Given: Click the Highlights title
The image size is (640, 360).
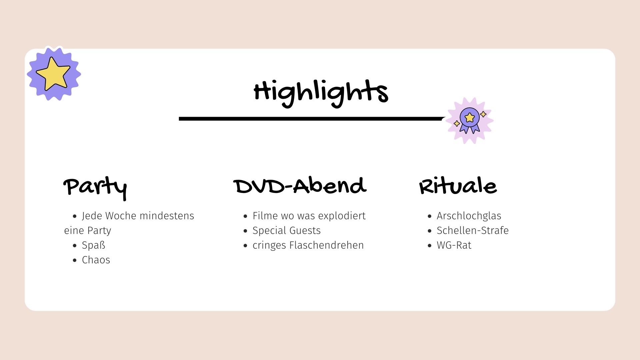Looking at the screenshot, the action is pyautogui.click(x=321, y=93).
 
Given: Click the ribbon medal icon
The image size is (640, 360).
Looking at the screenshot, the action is pyautogui.click(x=470, y=120).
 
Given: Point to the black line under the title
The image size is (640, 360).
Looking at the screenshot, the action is pyautogui.click(x=312, y=119).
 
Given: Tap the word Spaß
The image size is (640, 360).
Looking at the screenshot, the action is pyautogui.click(x=94, y=245).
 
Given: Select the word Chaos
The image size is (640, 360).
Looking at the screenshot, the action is pyautogui.click(x=96, y=260).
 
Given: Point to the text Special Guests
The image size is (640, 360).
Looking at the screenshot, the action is pyautogui.click(x=287, y=231).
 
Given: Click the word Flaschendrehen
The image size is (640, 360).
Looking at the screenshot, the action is pyautogui.click(x=327, y=245).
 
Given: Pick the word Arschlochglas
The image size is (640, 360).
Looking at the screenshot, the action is pyautogui.click(x=469, y=216).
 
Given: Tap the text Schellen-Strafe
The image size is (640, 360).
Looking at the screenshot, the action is pyautogui.click(x=473, y=231).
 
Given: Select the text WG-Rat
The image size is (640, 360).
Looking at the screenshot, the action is pyautogui.click(x=454, y=245).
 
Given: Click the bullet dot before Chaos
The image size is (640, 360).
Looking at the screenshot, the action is pyautogui.click(x=75, y=260).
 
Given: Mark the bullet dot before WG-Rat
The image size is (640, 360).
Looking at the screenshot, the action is pyautogui.click(x=429, y=246).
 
